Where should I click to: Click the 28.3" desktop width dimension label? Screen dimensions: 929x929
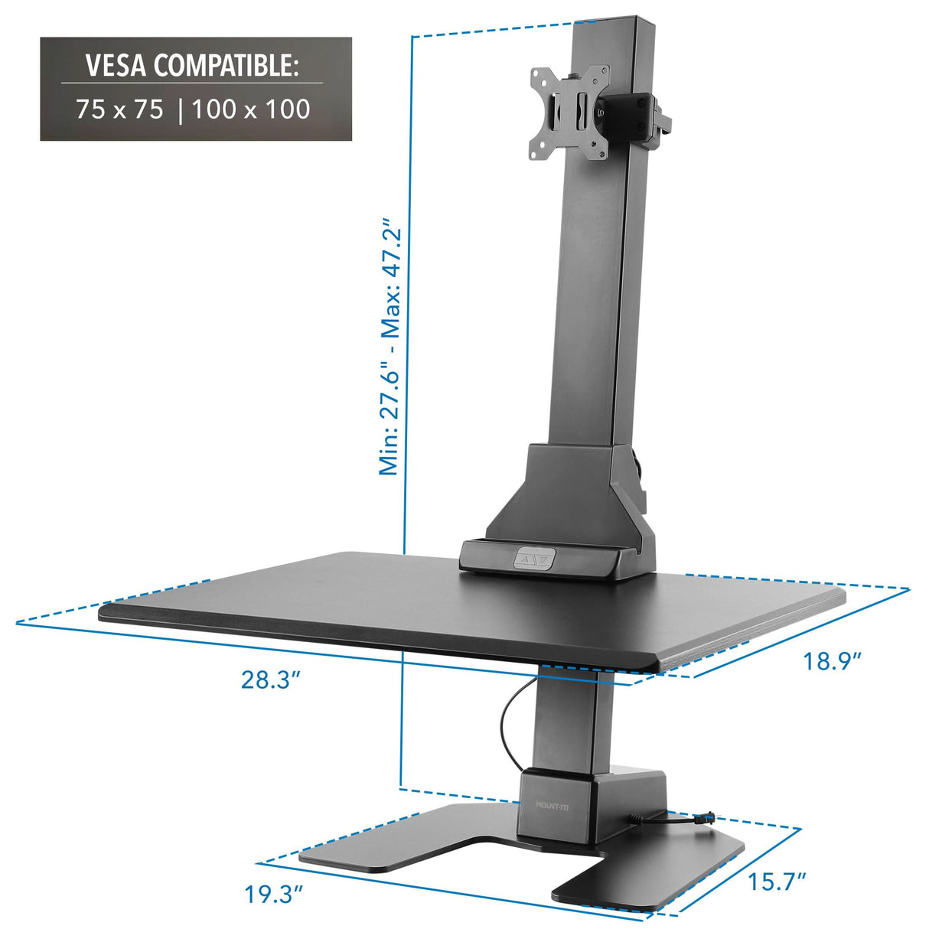click(x=269, y=679)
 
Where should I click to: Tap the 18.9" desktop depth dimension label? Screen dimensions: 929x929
click(x=831, y=660)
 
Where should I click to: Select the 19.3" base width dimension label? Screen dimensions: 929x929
click(x=274, y=894)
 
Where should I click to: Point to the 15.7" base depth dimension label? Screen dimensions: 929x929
click(x=777, y=882)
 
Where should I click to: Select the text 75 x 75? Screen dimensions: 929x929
click(x=120, y=109)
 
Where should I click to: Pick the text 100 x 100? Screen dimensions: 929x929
click(x=251, y=109)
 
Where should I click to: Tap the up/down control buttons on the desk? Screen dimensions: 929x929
click(x=533, y=559)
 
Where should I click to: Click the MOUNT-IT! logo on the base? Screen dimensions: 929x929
click(x=553, y=804)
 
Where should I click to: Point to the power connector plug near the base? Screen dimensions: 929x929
click(x=710, y=817)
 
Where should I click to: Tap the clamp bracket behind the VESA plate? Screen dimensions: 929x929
click(x=637, y=115)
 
